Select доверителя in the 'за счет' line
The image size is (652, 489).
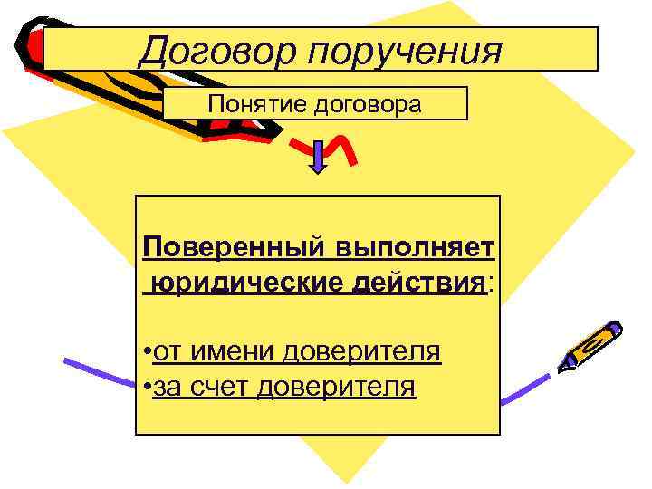(x=337, y=388)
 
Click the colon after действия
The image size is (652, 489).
(x=490, y=283)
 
